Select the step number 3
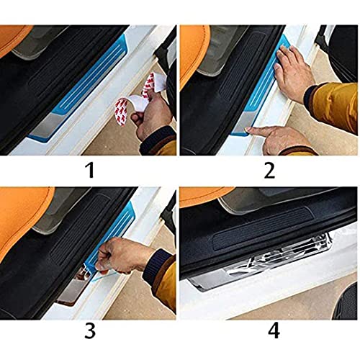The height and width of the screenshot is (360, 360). click(89, 330)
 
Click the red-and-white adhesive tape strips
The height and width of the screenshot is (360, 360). click(137, 101)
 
